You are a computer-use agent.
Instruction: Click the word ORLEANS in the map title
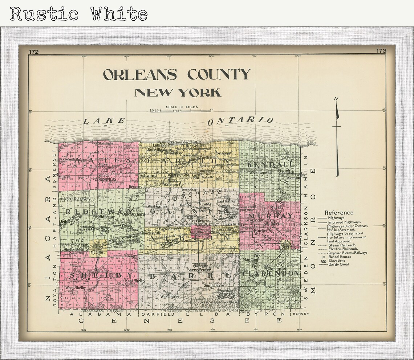(140, 74)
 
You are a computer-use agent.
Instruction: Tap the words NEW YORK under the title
(178, 93)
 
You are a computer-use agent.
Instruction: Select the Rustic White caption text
(79, 14)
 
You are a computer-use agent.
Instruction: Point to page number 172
(33, 52)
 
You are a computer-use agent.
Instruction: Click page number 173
(381, 51)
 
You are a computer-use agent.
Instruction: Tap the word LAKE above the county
(104, 121)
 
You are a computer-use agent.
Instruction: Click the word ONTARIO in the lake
(240, 121)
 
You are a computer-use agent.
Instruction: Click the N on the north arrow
(336, 99)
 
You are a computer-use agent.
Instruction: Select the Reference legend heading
(339, 213)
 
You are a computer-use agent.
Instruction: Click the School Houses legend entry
(340, 257)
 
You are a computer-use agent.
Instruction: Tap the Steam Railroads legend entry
(341, 245)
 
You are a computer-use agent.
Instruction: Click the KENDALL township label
(270, 164)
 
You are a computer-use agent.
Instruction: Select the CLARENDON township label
(271, 273)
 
